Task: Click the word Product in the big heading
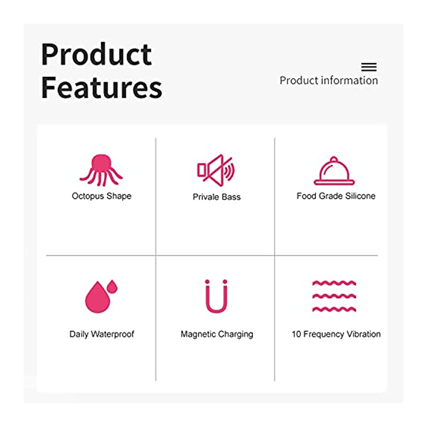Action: point(96,55)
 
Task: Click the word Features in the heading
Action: point(102,87)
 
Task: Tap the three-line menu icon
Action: point(369,67)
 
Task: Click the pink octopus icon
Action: point(102,170)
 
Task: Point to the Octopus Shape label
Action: point(102,196)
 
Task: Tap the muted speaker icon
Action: point(216,170)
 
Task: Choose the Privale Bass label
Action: point(217,197)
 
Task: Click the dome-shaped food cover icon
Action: point(334,171)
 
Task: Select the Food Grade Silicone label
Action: point(336,196)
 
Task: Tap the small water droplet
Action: point(112,286)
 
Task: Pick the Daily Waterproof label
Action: point(102,334)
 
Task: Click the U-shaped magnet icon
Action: point(216,310)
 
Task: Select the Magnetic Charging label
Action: point(217,334)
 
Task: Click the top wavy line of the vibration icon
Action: point(334,283)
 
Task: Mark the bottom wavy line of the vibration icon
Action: point(334,309)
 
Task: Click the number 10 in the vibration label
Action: point(296,334)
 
